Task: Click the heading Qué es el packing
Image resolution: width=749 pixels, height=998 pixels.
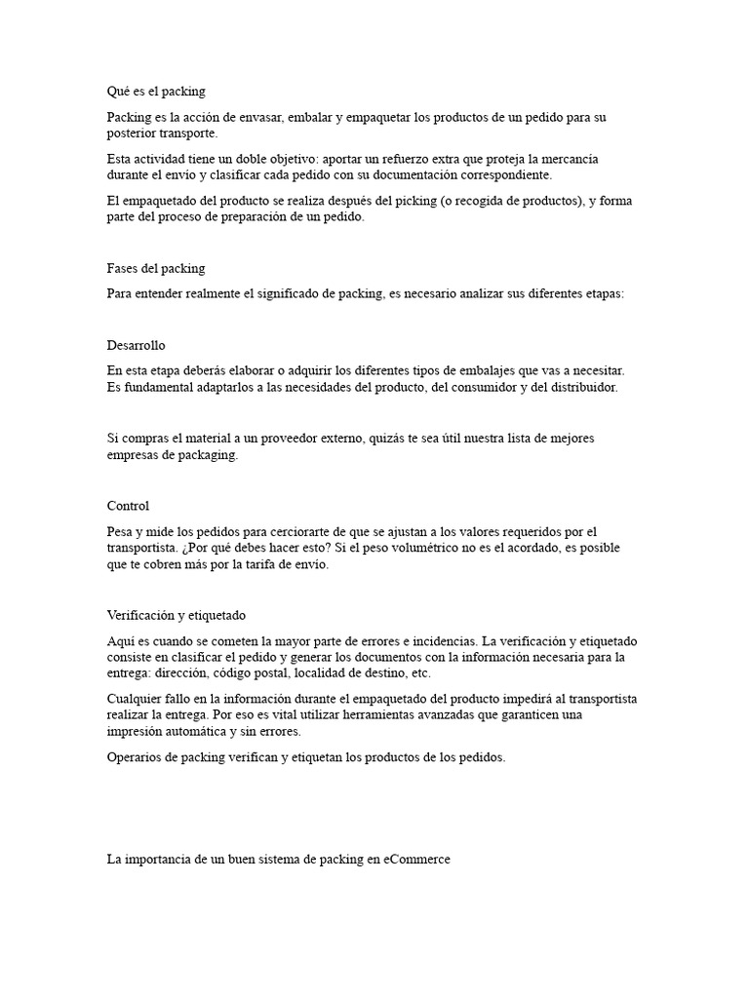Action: click(x=156, y=92)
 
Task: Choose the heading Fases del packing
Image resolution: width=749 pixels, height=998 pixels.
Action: click(x=156, y=268)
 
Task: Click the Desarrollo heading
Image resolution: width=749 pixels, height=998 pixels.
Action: click(x=142, y=345)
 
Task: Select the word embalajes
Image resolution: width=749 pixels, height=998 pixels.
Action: click(x=474, y=371)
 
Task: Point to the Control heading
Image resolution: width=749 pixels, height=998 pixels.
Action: click(x=128, y=506)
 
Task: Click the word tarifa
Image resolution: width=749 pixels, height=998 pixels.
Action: click(x=244, y=565)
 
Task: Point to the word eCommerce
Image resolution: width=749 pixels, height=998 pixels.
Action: click(x=417, y=860)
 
